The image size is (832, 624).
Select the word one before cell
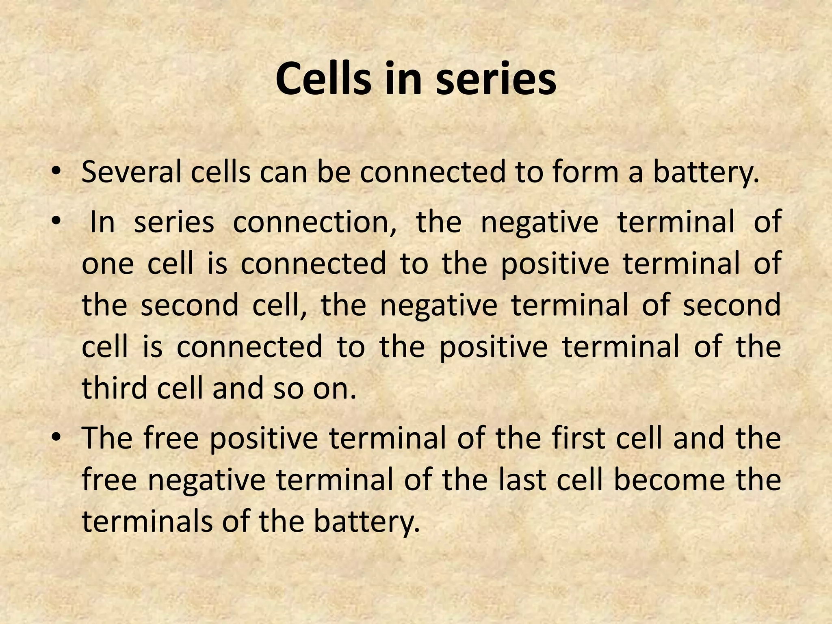(108, 264)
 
